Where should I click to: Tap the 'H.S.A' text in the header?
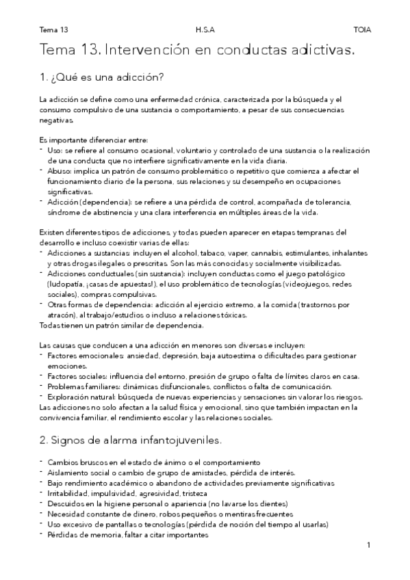click(x=204, y=30)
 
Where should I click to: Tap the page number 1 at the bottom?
click(x=368, y=545)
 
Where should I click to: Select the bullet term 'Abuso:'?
click(x=60, y=170)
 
